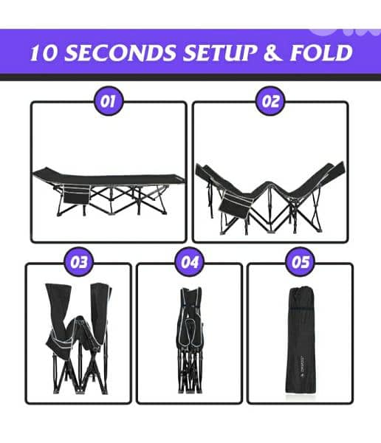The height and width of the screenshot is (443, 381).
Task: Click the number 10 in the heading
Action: (x=44, y=52)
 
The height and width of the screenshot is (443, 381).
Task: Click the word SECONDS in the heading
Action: (x=121, y=52)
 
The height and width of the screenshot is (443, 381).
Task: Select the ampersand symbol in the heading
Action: (x=272, y=52)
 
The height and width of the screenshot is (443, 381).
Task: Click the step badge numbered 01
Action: (x=109, y=101)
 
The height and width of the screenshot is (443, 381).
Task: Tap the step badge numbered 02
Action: (x=270, y=101)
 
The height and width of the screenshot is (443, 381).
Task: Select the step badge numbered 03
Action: (x=79, y=262)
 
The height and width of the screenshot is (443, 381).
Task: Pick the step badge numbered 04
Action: (x=190, y=262)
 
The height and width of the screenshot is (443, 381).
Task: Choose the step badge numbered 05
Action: (x=301, y=262)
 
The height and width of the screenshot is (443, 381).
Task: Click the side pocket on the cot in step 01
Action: (x=75, y=194)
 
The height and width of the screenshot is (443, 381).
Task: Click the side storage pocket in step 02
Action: (x=235, y=205)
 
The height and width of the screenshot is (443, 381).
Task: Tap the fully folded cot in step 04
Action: (x=190, y=340)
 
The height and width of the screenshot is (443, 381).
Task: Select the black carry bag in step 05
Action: (x=301, y=340)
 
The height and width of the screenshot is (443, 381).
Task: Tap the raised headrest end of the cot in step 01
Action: (x=42, y=172)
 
